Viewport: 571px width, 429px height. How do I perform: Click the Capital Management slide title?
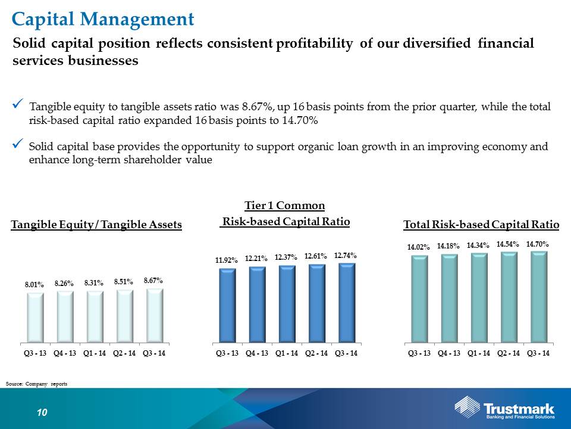tap(103, 19)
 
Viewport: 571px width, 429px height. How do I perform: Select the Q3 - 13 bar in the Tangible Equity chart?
tap(35, 318)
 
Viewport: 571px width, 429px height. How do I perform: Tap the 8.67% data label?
tap(153, 281)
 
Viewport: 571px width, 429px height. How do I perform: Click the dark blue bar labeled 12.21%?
tap(258, 304)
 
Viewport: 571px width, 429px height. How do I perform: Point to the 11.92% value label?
tap(227, 260)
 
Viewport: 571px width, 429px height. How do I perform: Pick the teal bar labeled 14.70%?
tap(539, 297)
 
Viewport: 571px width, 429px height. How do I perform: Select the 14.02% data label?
tap(418, 247)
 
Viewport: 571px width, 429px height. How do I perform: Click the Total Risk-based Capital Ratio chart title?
tap(481, 225)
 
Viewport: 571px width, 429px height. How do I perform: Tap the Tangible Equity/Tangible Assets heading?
tap(96, 225)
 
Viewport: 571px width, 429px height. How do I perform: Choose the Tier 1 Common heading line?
tap(285, 206)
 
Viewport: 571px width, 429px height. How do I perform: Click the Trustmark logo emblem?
tap(468, 406)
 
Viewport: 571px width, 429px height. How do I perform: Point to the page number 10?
tap(42, 412)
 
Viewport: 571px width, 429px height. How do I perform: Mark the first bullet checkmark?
tap(18, 104)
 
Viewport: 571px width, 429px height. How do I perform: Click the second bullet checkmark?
tap(18, 144)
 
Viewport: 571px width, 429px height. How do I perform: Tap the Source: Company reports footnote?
tap(36, 384)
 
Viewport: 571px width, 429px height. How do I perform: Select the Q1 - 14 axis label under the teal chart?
tap(479, 353)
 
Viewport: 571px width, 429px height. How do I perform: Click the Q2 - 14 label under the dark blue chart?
tap(316, 353)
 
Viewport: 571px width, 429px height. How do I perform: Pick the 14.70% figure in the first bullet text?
tap(300, 120)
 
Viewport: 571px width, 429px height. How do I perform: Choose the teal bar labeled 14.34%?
tap(479, 298)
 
